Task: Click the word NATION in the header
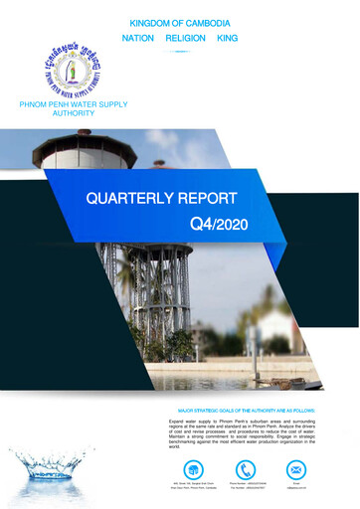coord(138,37)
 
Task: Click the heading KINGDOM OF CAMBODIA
coord(180,21)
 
